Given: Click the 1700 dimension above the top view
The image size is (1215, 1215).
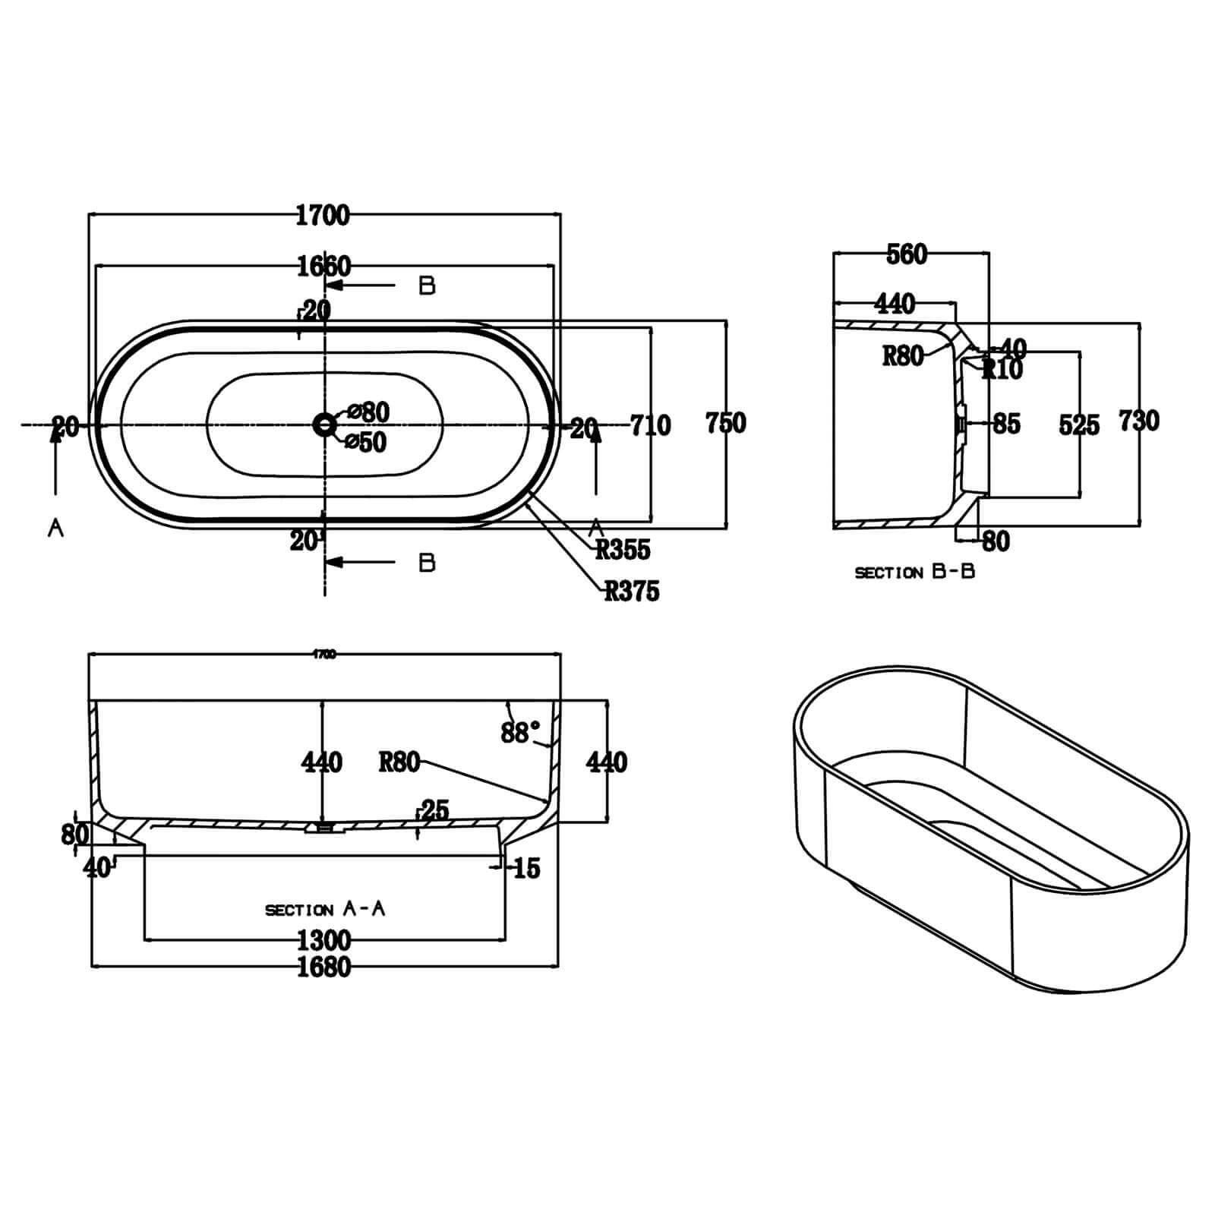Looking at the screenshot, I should [323, 215].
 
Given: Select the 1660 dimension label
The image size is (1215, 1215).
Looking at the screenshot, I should [324, 267].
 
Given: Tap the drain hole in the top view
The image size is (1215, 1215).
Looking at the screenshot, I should [325, 424].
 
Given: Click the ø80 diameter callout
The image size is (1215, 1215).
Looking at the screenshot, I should [368, 412].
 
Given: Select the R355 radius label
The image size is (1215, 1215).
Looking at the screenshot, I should [623, 550].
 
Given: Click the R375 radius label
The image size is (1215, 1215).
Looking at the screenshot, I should [632, 591].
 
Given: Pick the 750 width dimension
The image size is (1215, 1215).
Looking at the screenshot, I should [726, 422].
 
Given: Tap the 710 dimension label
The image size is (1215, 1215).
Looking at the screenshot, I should [651, 425].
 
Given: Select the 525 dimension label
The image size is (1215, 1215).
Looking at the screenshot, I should [1079, 425].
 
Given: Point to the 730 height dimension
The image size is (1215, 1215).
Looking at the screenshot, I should [1139, 420].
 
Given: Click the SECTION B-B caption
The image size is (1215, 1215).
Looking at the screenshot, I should [914, 572].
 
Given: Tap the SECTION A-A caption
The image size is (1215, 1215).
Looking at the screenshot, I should [325, 909].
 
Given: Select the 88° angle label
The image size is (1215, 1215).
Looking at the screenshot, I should [520, 732].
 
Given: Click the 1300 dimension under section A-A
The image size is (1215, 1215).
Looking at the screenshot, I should [324, 940].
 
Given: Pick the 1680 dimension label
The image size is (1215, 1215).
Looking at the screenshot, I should [324, 967].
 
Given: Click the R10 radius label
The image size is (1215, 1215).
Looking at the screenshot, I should [1002, 370].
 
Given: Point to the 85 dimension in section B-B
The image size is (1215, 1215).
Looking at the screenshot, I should [1006, 424].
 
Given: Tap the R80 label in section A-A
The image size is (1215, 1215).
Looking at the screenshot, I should [399, 762].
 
